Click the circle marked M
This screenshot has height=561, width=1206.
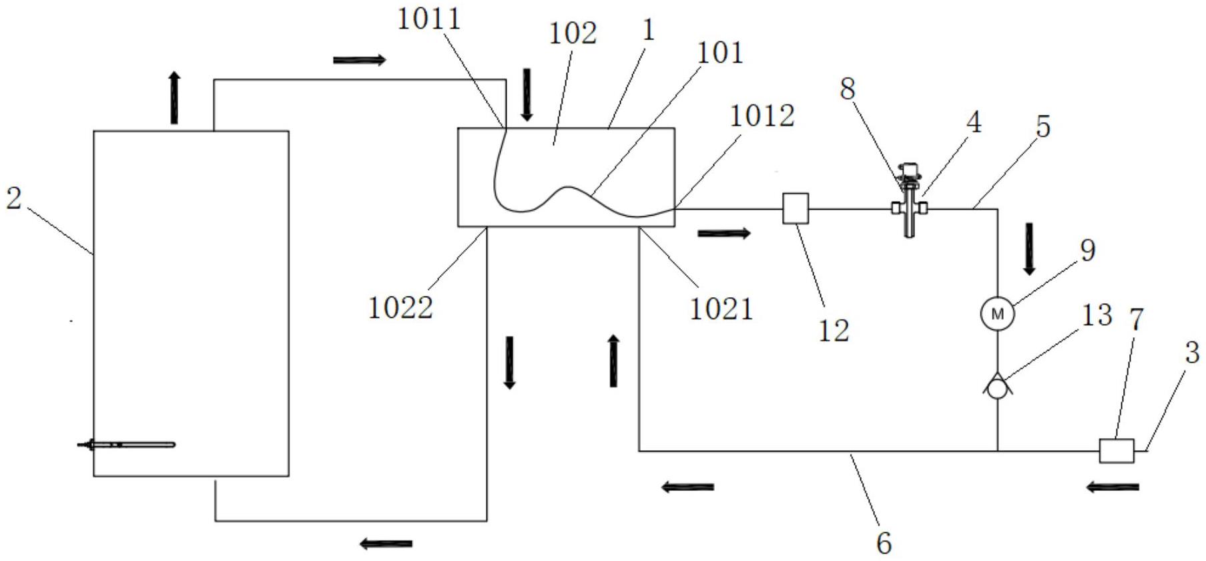coord(997,314)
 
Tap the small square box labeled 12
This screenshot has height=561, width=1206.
coord(795,208)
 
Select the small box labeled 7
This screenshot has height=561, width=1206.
coord(1116,450)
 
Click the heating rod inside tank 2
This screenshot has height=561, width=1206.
coord(127,444)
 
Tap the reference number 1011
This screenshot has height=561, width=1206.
coord(429,19)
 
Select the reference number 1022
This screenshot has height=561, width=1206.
coord(400,308)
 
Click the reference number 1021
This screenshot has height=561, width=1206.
coord(721,309)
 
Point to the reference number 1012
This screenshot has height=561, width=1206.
coord(762,116)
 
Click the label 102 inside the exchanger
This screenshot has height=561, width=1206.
coord(572,33)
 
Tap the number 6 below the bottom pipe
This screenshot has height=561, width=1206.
coord(884,543)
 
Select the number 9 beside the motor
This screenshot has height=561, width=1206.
coord(1087,250)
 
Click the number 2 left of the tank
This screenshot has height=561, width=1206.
coord(14,198)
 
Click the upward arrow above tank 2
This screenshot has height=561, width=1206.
coord(174,98)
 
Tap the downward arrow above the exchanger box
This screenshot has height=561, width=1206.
coord(527,95)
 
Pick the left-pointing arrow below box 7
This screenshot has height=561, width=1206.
coord(1112,488)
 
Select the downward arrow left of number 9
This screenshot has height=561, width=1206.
coord(1029,248)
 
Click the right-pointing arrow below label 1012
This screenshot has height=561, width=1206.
coord(723,233)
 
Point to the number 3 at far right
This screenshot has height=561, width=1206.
coord(1192,353)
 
